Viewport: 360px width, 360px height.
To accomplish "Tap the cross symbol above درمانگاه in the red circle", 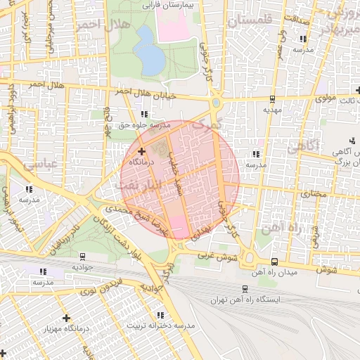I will click(142, 151).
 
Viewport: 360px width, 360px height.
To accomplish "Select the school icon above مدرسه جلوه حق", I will click(144, 114).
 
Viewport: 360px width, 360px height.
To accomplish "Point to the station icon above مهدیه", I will click(272, 98).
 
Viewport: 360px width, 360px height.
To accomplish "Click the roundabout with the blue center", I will click(216, 103).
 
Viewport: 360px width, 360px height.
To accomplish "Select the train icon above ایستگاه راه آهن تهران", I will click(244, 288).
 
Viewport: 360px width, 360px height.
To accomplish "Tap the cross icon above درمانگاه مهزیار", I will click(67, 318).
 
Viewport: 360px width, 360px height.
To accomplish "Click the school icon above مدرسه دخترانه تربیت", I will click(160, 315).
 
